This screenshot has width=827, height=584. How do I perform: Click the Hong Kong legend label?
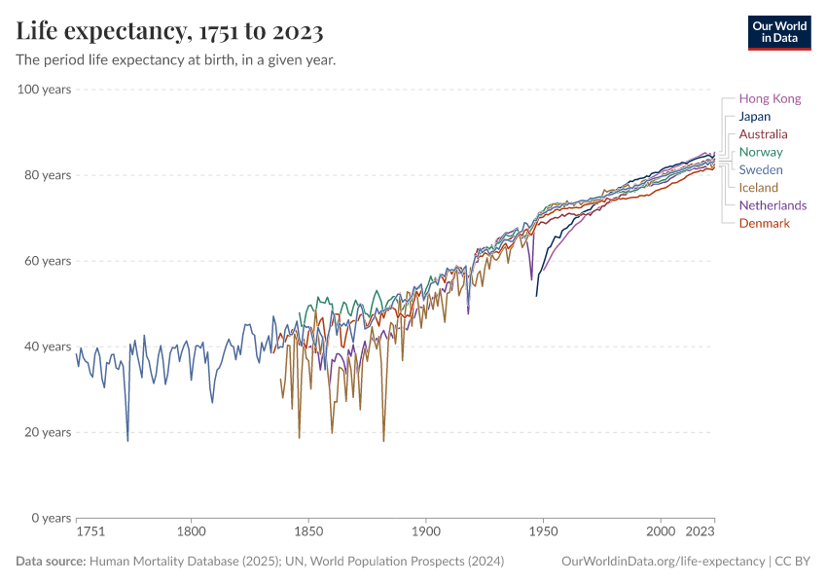(x=770, y=98)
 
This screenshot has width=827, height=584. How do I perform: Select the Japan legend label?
(x=754, y=117)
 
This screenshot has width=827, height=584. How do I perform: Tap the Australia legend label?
(x=763, y=134)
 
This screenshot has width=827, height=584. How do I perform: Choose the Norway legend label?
(x=760, y=152)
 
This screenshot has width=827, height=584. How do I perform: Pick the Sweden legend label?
(x=760, y=170)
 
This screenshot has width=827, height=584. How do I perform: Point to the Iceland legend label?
(x=758, y=188)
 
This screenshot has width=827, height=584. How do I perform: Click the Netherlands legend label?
(x=773, y=205)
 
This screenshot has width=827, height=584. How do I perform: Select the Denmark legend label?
(x=764, y=224)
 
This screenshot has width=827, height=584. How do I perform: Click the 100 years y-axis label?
(x=44, y=90)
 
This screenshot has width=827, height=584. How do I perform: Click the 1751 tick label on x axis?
(x=90, y=532)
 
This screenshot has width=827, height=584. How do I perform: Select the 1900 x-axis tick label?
(x=425, y=532)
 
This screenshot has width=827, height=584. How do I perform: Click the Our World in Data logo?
(x=778, y=32)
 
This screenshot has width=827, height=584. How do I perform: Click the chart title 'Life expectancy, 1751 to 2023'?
(x=170, y=32)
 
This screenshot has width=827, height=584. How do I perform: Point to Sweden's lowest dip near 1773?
(x=127, y=440)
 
